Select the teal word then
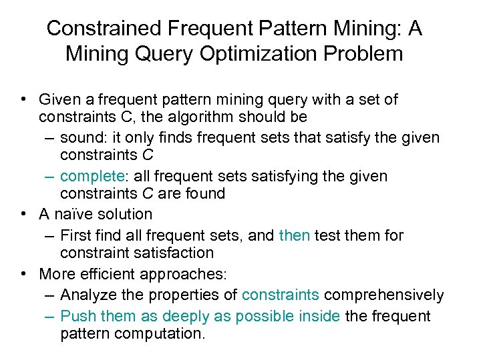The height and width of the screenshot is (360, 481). [294, 235]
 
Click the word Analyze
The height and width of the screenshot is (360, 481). [86, 295]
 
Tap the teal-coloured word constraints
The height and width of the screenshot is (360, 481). [280, 295]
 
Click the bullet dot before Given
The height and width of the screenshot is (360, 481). [23, 100]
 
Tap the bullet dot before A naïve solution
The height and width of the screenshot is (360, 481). [23, 214]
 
